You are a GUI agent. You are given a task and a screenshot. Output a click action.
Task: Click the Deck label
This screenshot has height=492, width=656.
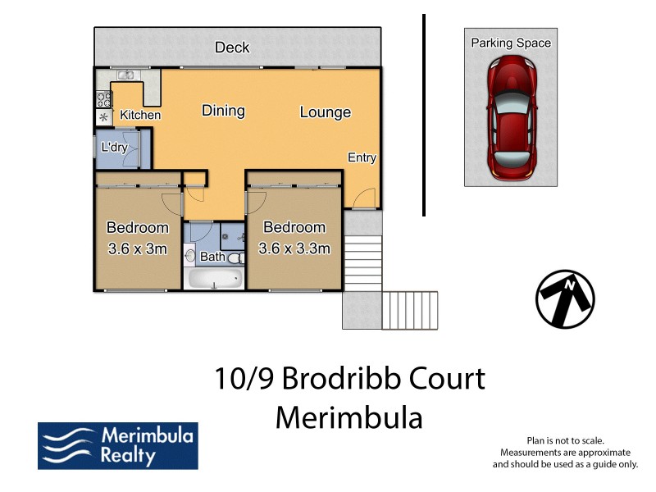coord(232,48)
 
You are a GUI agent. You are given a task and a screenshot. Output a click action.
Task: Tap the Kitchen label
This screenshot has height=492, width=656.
coord(140,115)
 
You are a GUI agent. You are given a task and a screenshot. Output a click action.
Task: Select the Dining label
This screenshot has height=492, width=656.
coord(223,111)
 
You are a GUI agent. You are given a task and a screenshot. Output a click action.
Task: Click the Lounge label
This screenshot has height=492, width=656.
coord(325,112)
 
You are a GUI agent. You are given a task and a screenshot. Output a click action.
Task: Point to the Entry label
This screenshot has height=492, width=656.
coord(362,157)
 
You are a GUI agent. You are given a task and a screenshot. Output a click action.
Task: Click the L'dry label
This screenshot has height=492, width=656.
coord(113,148)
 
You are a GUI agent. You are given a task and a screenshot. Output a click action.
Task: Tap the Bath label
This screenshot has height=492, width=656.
coord(212,257)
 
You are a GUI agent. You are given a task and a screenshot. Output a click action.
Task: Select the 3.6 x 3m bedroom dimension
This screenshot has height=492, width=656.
coord(138,248)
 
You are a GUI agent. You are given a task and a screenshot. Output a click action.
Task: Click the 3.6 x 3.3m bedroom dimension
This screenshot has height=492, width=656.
coord(294,248)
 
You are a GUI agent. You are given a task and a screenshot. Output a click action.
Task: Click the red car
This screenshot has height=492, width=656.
coord(511,119)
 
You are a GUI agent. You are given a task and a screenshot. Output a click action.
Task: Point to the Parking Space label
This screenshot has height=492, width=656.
coord(511,43)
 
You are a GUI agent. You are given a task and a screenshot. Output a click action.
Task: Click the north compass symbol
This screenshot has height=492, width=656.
coord(565,299)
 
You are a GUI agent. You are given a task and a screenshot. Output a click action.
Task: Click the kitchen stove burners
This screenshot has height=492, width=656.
coord(104,99)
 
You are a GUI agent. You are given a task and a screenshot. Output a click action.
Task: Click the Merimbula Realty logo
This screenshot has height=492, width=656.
coord(117,446)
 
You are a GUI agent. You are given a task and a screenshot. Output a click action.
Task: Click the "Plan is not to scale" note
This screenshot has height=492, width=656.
coord(565,440)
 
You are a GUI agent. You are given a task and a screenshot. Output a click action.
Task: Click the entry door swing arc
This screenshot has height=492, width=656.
coord(366,198)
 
